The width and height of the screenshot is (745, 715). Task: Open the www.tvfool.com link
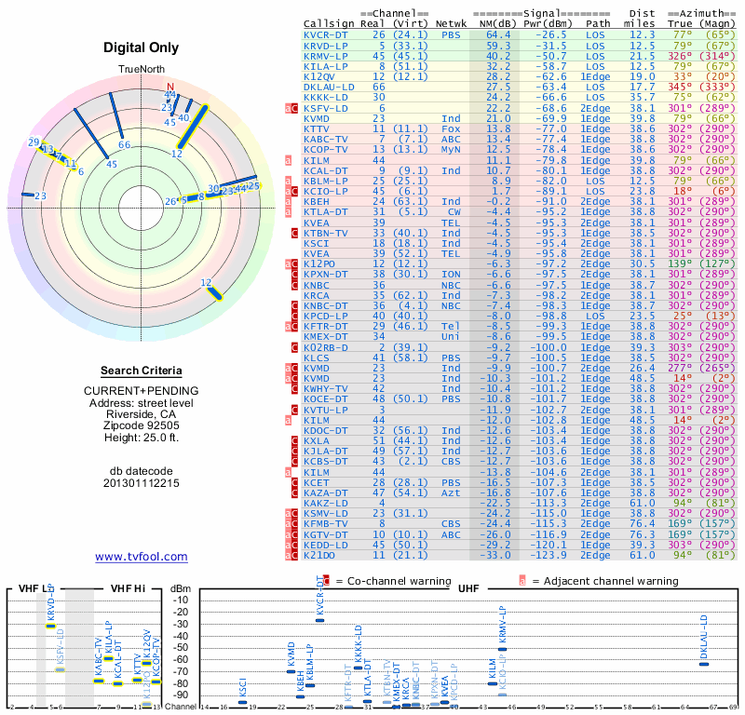pyautogui.click(x=142, y=557)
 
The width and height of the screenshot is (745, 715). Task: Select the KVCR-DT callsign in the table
pyautogui.click(x=325, y=35)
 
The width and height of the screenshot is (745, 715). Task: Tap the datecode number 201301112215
pyautogui.click(x=142, y=483)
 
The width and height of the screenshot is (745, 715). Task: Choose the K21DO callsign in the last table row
pyautogui.click(x=322, y=555)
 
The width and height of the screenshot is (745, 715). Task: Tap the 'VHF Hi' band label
pyautogui.click(x=127, y=588)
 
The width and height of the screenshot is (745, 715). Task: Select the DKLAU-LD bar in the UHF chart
pyautogui.click(x=704, y=662)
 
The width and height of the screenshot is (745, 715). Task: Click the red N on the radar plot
pyautogui.click(x=169, y=87)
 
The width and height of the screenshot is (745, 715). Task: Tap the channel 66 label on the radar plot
pyautogui.click(x=124, y=144)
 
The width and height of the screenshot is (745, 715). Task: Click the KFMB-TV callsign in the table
pyautogui.click(x=325, y=524)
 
